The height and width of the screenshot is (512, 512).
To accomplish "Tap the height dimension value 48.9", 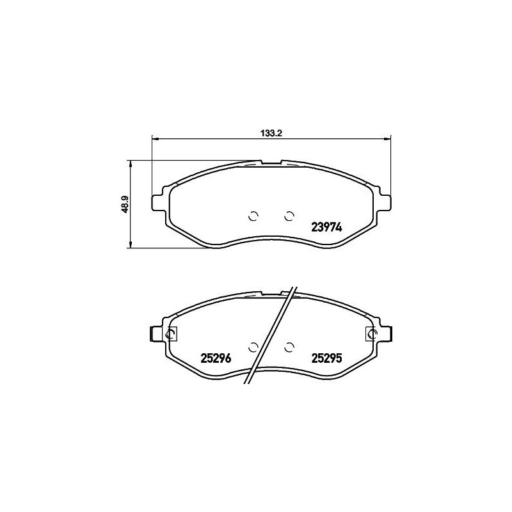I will tap(126, 204).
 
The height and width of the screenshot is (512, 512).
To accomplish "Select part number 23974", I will tap(327, 226).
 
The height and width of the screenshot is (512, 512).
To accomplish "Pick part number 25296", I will tap(214, 358).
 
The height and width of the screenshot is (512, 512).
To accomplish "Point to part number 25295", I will tap(327, 358).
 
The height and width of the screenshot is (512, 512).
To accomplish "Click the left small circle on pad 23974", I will tap(253, 215).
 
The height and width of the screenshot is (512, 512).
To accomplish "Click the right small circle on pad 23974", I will tap(289, 215).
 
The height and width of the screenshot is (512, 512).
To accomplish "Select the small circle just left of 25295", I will tap(289, 347).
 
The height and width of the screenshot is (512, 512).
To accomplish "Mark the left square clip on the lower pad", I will tap(171, 333).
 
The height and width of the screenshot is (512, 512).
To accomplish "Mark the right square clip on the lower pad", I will tap(371, 333).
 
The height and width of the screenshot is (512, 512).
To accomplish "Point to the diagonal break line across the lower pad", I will tap(271, 333).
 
